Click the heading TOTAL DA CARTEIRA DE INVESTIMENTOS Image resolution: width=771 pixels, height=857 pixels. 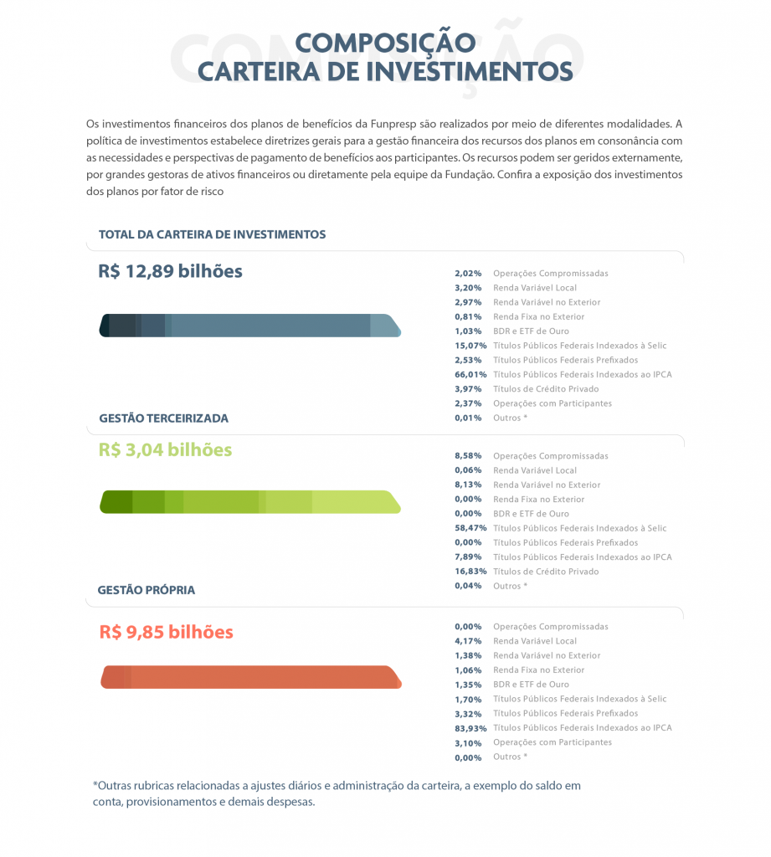tap(212, 234)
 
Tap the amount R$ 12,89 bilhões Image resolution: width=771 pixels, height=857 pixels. tap(170, 272)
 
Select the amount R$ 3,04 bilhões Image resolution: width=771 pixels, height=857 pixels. tap(165, 449)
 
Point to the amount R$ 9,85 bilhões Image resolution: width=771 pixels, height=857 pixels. tap(166, 632)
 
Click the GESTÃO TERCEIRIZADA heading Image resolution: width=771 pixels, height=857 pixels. tap(163, 418)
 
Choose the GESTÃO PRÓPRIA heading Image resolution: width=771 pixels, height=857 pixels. tap(146, 590)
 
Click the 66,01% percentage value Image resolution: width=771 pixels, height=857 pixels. tap(470, 374)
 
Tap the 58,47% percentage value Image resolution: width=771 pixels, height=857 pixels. tap(470, 528)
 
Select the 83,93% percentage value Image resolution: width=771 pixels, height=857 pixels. tap(470, 728)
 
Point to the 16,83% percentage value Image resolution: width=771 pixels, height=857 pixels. tap(470, 572)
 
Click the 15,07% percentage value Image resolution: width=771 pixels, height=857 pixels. tap(470, 346)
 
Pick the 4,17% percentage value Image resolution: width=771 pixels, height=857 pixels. tap(468, 641)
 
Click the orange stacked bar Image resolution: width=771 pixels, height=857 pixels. tap(250, 677)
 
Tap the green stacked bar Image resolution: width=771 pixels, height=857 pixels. tap(250, 501)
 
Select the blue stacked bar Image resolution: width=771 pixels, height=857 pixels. tap(250, 326)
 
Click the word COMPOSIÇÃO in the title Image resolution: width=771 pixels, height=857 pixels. tap(385, 43)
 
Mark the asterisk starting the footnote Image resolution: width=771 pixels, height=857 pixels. tap(95, 785)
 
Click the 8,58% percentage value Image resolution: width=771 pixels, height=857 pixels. tap(468, 456)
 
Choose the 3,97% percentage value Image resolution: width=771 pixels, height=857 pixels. tap(468, 389)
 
